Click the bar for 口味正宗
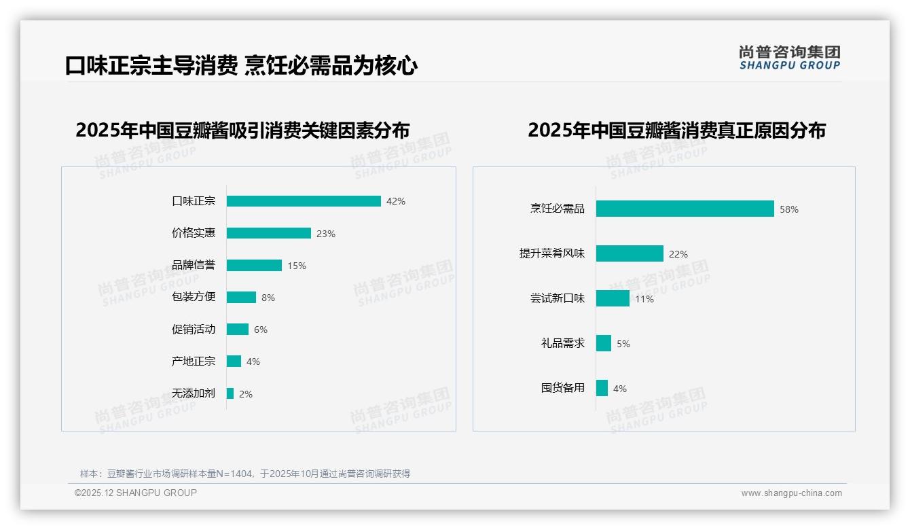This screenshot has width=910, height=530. point(304,201)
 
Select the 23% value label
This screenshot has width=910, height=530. point(326,234)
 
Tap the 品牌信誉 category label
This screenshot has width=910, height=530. point(193,265)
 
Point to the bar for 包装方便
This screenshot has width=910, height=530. point(241,298)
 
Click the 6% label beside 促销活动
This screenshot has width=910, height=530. point(261,330)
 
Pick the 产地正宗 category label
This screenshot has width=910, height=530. point(193,361)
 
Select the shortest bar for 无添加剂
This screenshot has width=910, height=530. point(230,393)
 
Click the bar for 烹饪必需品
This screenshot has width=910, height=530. point(685,209)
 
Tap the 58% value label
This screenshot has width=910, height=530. point(789,209)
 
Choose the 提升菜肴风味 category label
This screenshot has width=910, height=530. point(551,253)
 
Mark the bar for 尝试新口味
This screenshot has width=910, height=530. point(613,298)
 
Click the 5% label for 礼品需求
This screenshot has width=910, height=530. point(623,344)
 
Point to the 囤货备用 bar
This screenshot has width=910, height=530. point(602,388)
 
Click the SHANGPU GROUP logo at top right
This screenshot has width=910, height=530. point(789,58)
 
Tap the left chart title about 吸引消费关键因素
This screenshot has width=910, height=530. point(242,130)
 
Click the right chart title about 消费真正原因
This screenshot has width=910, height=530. point(676,130)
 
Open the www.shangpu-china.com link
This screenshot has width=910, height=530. point(791,493)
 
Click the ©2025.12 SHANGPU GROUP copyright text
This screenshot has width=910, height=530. point(136,493)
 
